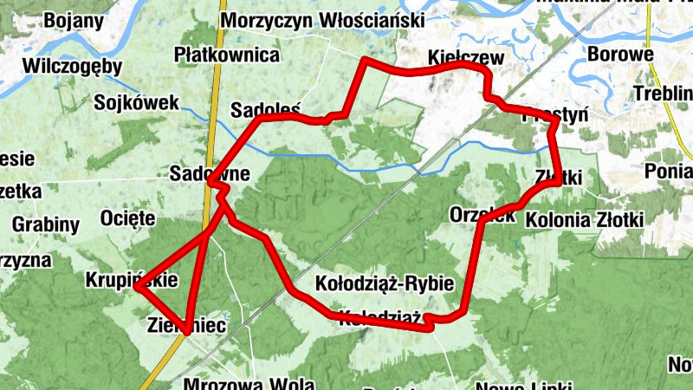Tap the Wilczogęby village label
coord(73,66)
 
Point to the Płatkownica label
coord(227,55)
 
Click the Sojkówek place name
coord(137,103)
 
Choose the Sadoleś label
coord(265,111)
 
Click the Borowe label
coord(619,55)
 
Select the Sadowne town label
coord(210,173)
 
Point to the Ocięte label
coord(128,217)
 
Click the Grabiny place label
coord(46,225)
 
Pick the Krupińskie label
coord(132,280)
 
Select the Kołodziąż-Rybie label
coord(385,283)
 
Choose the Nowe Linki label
coord(524,385)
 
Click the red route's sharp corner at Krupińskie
coord(138,289)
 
